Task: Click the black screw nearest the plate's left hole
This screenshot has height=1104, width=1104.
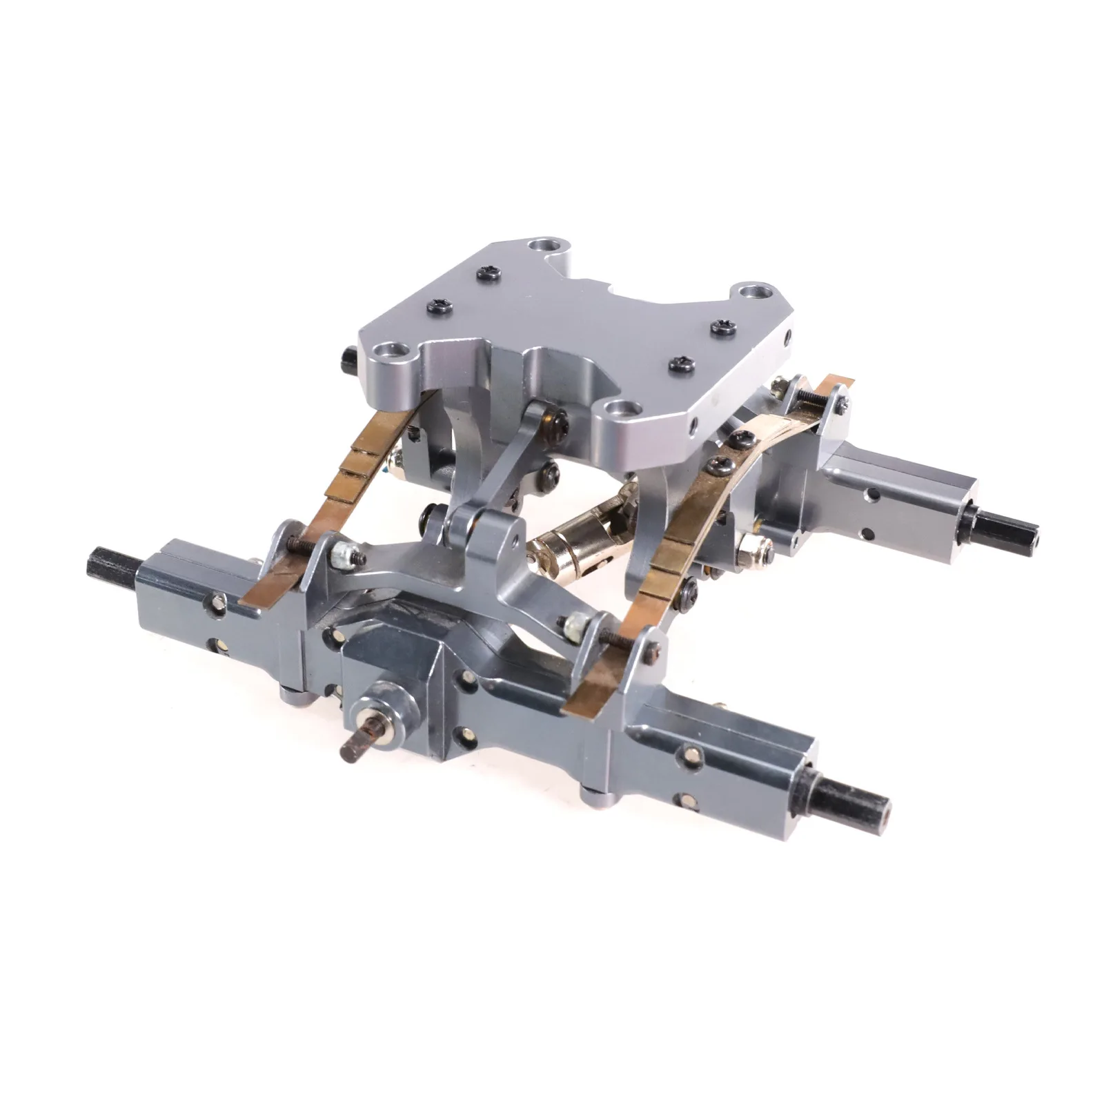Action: [437, 304]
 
